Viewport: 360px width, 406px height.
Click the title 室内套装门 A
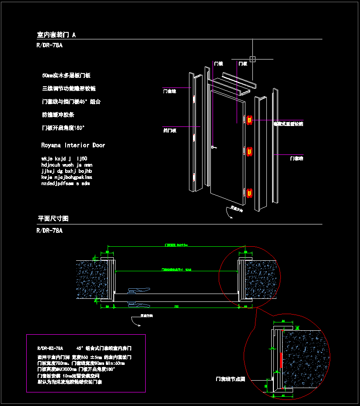(56, 35)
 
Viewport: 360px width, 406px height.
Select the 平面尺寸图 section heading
(53, 218)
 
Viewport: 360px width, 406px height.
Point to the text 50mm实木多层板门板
(66, 76)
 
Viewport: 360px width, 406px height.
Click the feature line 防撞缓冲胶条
(58, 115)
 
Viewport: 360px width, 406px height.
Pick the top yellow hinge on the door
(249, 119)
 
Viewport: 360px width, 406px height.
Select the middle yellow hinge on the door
(249, 151)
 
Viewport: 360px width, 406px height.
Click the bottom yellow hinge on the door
(249, 193)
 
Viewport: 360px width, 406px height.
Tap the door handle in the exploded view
(213, 147)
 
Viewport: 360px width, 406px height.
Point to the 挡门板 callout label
(169, 130)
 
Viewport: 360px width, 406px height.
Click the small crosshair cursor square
(252, 59)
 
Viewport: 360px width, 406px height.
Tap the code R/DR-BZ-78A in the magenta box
(50, 349)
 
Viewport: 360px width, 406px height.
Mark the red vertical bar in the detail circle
(280, 360)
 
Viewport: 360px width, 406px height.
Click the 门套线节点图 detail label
(230, 379)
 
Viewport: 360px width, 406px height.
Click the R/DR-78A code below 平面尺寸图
(50, 230)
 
